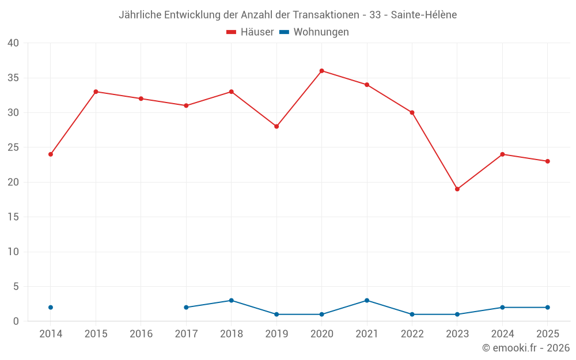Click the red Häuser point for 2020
click(x=322, y=71)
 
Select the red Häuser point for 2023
click(x=457, y=189)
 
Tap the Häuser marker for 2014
click(x=51, y=154)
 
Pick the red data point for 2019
click(x=276, y=126)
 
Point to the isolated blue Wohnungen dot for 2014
click(x=51, y=308)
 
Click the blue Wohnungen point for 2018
click(x=232, y=301)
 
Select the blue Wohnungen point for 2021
click(x=367, y=301)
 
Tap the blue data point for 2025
click(x=548, y=308)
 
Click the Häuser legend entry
click(x=250, y=32)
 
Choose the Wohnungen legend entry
click(x=314, y=32)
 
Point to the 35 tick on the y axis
click(x=13, y=78)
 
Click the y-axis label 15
click(x=13, y=217)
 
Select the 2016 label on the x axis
click(x=141, y=334)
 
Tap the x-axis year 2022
click(x=412, y=334)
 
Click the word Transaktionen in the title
click(x=326, y=15)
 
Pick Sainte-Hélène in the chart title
click(x=424, y=15)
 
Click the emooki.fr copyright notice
click(x=526, y=347)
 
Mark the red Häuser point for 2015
click(x=96, y=92)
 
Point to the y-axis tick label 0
click(x=16, y=321)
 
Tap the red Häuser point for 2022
click(x=412, y=113)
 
